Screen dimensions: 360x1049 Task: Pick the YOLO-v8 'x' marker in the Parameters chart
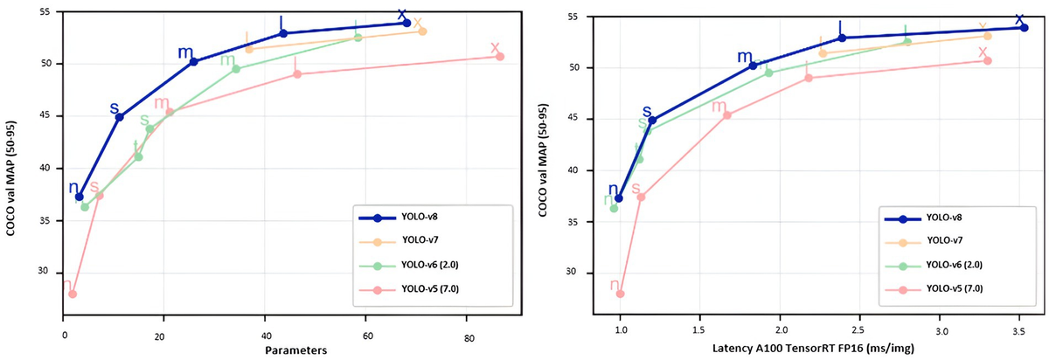click(x=406, y=23)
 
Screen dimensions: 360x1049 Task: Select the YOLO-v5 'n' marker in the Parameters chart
click(x=72, y=294)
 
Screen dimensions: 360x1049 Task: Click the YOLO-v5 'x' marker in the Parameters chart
click(x=500, y=56)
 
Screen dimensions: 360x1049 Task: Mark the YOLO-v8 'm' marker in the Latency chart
click(x=753, y=66)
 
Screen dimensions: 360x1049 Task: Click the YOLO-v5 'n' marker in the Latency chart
click(x=620, y=294)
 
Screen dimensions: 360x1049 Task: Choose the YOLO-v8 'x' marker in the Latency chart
click(x=1024, y=27)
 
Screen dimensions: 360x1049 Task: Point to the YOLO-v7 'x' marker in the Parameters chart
click(x=422, y=31)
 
